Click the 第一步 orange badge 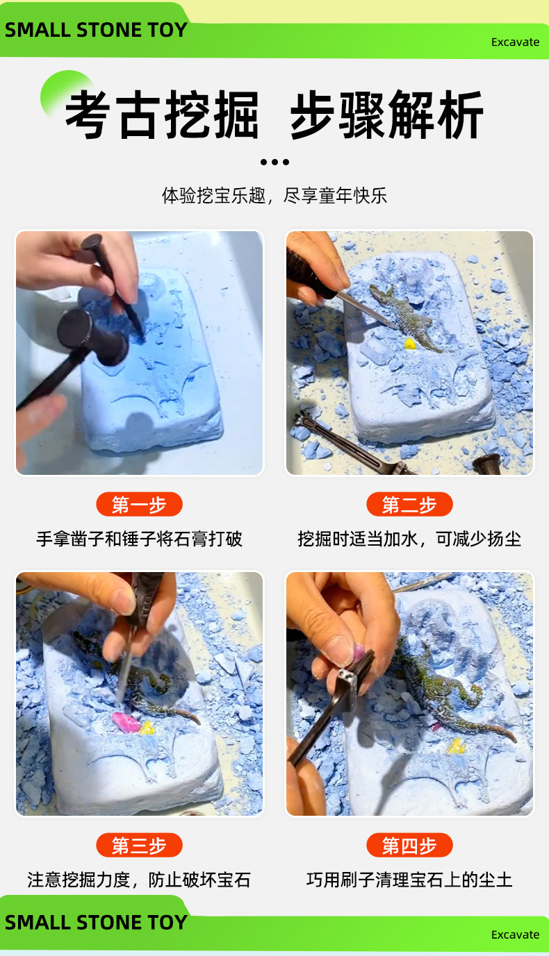coord(139,505)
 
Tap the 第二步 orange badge coord(409,505)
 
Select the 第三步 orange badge coord(139,846)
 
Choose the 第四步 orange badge coord(409,846)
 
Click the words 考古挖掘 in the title coord(162,115)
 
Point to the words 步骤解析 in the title coord(386,115)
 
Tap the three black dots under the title coord(274,162)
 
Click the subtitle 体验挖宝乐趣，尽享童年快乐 coord(274,196)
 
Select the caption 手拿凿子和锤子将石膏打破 coord(139,539)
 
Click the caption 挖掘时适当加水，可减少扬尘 coord(409,539)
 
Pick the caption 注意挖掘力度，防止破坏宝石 coord(139,880)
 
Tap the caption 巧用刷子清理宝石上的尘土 coord(409,880)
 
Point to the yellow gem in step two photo coord(410,343)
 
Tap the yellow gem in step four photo coord(456,746)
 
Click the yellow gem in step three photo coord(147,727)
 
